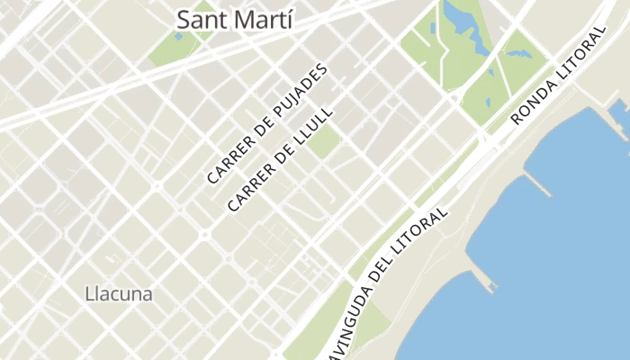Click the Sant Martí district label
[235, 19]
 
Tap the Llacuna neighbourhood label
[118, 293]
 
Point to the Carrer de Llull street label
[280, 160]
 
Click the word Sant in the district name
[202, 19]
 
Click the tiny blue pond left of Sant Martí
[179, 36]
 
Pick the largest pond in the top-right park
[461, 18]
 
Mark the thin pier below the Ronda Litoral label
[537, 184]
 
